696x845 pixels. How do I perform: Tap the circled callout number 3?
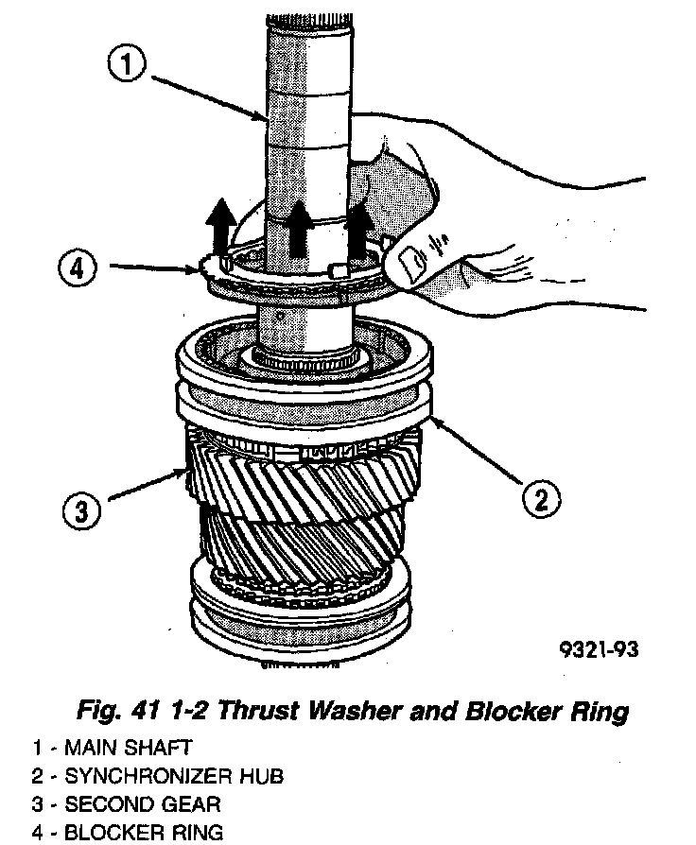[82, 512]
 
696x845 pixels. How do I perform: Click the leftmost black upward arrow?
[220, 228]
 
